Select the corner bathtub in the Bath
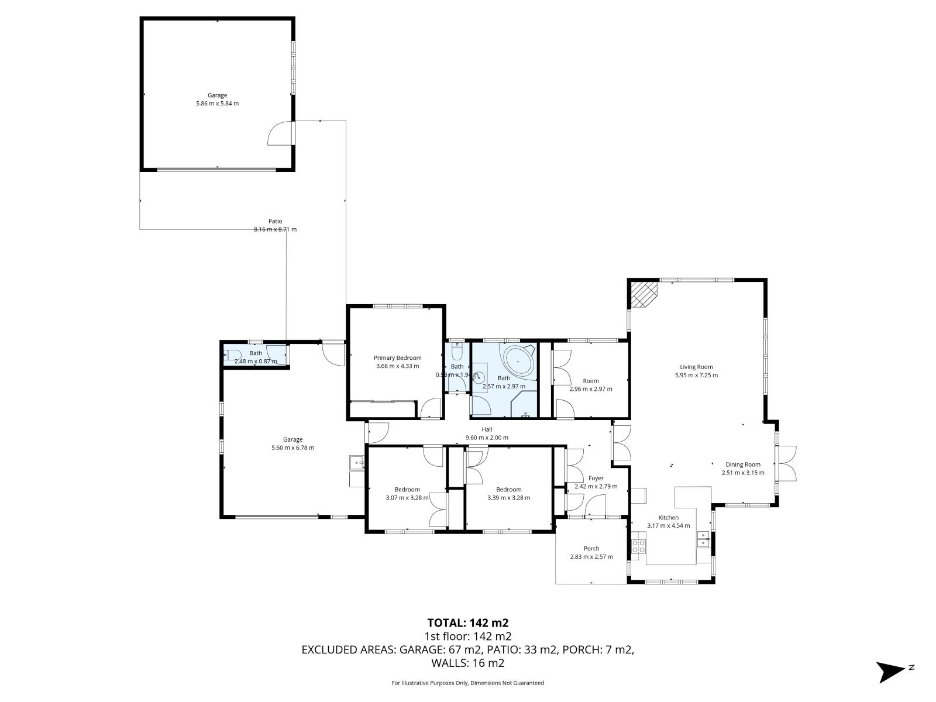518,362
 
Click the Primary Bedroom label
397,357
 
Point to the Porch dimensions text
591,557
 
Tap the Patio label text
275,221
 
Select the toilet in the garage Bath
233,354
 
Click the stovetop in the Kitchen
638,546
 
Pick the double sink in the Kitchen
703,539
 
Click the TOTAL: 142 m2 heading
463,623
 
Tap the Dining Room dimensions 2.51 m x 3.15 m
744,473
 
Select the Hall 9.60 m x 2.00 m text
486,438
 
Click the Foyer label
596,478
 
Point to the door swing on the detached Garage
281,133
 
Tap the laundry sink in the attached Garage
356,463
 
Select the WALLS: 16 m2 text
467,663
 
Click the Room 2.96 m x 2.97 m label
591,385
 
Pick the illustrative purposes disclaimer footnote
467,683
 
